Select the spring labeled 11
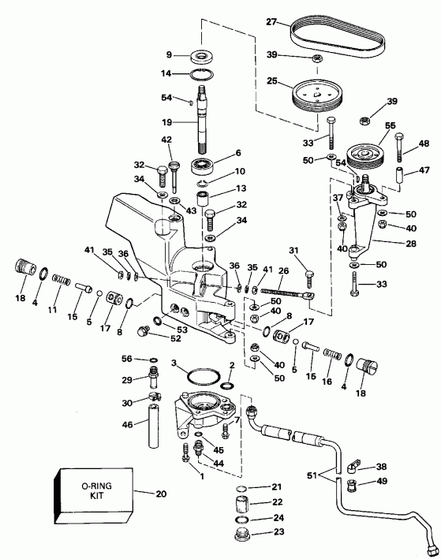(x=58, y=279)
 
